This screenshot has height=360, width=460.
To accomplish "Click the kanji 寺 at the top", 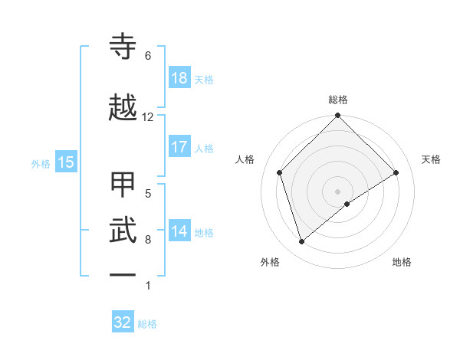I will click(x=123, y=47).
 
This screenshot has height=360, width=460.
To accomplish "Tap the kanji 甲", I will click(x=123, y=185).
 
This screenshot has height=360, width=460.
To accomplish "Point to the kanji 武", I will click(x=123, y=229).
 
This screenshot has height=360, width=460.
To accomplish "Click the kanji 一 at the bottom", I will click(x=123, y=274).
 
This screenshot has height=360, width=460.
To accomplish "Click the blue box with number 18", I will click(x=179, y=78).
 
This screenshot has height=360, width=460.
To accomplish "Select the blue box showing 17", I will click(x=179, y=147).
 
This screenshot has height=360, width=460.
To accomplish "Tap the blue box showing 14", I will click(x=179, y=231).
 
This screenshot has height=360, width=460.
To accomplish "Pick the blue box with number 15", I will click(x=66, y=162).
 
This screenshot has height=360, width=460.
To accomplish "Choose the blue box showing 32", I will click(x=123, y=322).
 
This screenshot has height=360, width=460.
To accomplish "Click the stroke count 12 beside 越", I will click(x=148, y=117).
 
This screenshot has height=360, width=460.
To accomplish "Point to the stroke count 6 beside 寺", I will click(x=148, y=56).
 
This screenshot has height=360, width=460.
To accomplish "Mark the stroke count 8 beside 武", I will click(x=148, y=240).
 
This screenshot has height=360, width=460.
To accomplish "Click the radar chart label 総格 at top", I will click(x=338, y=100).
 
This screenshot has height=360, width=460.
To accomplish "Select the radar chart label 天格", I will click(x=432, y=159).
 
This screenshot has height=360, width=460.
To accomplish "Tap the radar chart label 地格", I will click(x=402, y=263).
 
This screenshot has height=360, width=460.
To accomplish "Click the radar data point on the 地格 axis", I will click(x=347, y=204).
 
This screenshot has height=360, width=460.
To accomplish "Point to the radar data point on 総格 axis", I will click(x=338, y=116).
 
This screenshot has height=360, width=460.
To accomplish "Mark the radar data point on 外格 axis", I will click(x=302, y=241).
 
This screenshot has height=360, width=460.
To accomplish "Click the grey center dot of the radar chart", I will click(x=338, y=191).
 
